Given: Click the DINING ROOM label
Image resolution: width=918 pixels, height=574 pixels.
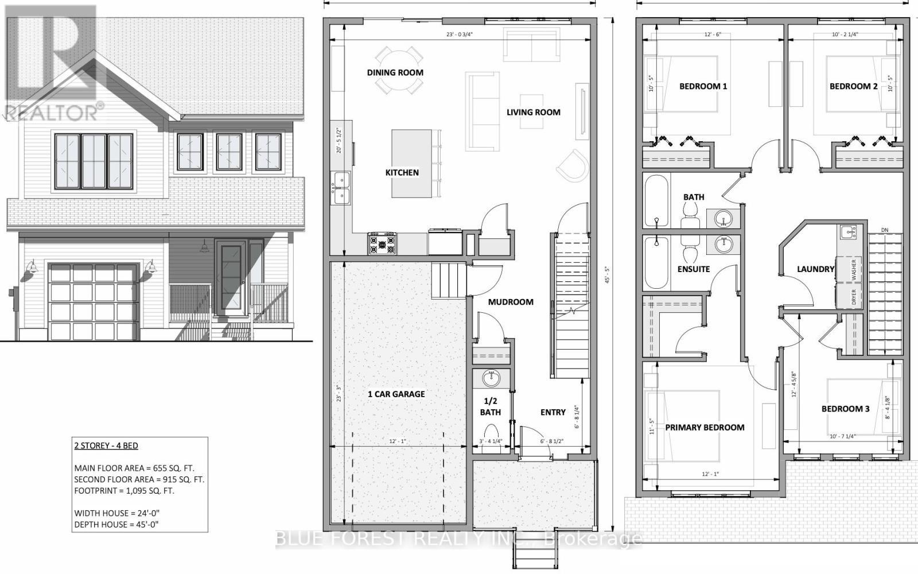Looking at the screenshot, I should [x=395, y=72].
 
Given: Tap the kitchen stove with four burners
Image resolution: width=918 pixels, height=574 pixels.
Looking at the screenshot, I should [x=382, y=243].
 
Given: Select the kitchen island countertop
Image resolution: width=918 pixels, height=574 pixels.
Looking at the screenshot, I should [x=411, y=164].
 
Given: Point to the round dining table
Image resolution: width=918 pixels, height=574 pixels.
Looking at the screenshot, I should [x=399, y=71].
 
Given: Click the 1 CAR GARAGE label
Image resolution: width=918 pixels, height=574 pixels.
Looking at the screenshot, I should [x=396, y=394].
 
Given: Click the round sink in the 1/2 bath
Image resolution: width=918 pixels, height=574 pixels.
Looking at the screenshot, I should [x=491, y=379].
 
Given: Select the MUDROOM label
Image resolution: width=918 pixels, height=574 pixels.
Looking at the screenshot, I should [x=511, y=302].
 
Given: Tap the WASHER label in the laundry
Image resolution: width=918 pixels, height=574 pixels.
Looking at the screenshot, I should [x=854, y=269].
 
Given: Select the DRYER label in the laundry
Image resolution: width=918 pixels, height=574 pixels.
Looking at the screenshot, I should [x=854, y=297].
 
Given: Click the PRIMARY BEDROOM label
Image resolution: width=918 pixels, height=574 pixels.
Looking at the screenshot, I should [x=705, y=427].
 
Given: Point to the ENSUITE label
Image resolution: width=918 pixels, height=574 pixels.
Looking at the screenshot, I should [x=694, y=269].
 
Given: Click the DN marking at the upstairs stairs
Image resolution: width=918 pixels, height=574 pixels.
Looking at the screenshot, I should [x=885, y=230].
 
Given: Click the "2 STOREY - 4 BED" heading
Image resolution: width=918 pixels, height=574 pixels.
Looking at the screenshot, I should [x=106, y=445].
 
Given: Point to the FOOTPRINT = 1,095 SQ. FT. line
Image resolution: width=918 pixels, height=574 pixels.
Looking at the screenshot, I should [x=124, y=491].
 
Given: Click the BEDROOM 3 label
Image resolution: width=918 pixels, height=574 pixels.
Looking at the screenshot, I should [x=845, y=409].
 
